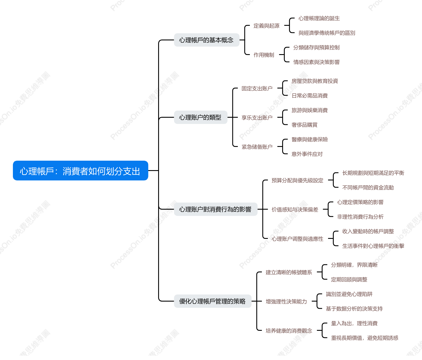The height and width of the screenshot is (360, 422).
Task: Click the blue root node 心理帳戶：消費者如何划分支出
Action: coord(81,170)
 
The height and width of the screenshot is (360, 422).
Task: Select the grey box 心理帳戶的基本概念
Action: coord(207,40)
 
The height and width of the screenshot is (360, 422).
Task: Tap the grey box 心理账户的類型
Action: coord(201,117)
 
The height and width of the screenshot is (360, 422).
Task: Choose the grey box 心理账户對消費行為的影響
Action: coord(216,209)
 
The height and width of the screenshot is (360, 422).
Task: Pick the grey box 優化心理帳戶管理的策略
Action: coord(213,301)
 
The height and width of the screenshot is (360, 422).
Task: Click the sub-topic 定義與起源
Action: coord(266,26)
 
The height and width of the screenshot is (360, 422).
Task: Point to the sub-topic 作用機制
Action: coord(264,55)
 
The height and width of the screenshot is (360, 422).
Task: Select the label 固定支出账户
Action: coord(257,88)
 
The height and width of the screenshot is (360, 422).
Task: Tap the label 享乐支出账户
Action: coord(257,117)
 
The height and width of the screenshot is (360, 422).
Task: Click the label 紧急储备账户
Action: coord(257,147)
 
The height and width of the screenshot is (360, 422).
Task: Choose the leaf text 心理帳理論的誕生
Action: coord(319,18)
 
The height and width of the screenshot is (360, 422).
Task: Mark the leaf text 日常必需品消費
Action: coord(309,95)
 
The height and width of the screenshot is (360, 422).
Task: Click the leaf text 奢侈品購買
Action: coord(305,125)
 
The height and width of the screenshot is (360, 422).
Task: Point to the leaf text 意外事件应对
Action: coord(307,154)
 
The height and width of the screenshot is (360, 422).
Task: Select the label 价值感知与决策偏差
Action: coord(295,209)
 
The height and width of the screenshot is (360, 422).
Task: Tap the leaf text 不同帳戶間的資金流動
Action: coord(368,187)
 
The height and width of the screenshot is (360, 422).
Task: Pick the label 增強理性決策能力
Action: coord(286,301)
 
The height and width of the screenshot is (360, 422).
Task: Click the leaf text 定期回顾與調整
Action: coord(349,279)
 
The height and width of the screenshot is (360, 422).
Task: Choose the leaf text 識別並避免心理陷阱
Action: coord(349,294)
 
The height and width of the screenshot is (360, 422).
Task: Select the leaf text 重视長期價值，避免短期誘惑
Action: coord(364,338)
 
